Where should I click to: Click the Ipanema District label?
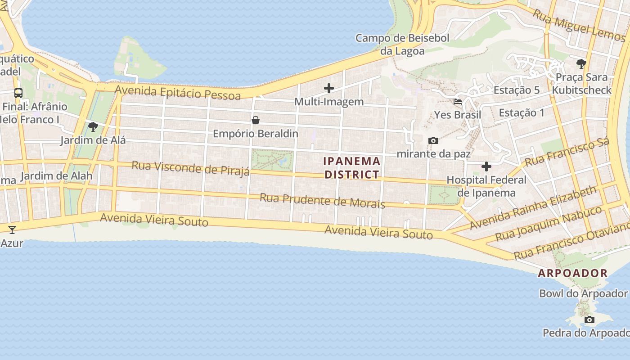pos(352,167)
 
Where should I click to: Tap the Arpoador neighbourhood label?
pos(573,273)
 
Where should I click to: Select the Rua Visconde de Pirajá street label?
pos(190,168)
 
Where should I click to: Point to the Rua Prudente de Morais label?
pos(322,201)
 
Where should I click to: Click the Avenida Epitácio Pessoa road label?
pos(178,92)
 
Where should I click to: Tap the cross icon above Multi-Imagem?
pos(329,88)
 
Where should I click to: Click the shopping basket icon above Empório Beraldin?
pos(256,120)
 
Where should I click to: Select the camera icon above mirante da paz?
pos(433,140)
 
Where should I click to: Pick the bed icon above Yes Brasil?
pos(458,101)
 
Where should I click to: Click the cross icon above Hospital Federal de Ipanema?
pos(486,166)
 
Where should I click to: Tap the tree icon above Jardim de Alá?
pos(93,127)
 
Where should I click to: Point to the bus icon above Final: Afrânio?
pos(18,93)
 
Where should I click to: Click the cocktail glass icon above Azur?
pos(12,230)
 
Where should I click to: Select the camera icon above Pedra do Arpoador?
pos(589,320)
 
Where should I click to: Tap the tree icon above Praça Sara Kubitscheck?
pos(581,63)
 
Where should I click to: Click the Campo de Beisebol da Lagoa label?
pos(402,44)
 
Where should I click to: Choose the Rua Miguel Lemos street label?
pos(579,26)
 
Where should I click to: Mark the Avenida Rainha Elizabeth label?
pos(533,207)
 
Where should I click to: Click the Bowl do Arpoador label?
pos(583,293)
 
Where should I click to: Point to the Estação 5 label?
pos(516,90)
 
